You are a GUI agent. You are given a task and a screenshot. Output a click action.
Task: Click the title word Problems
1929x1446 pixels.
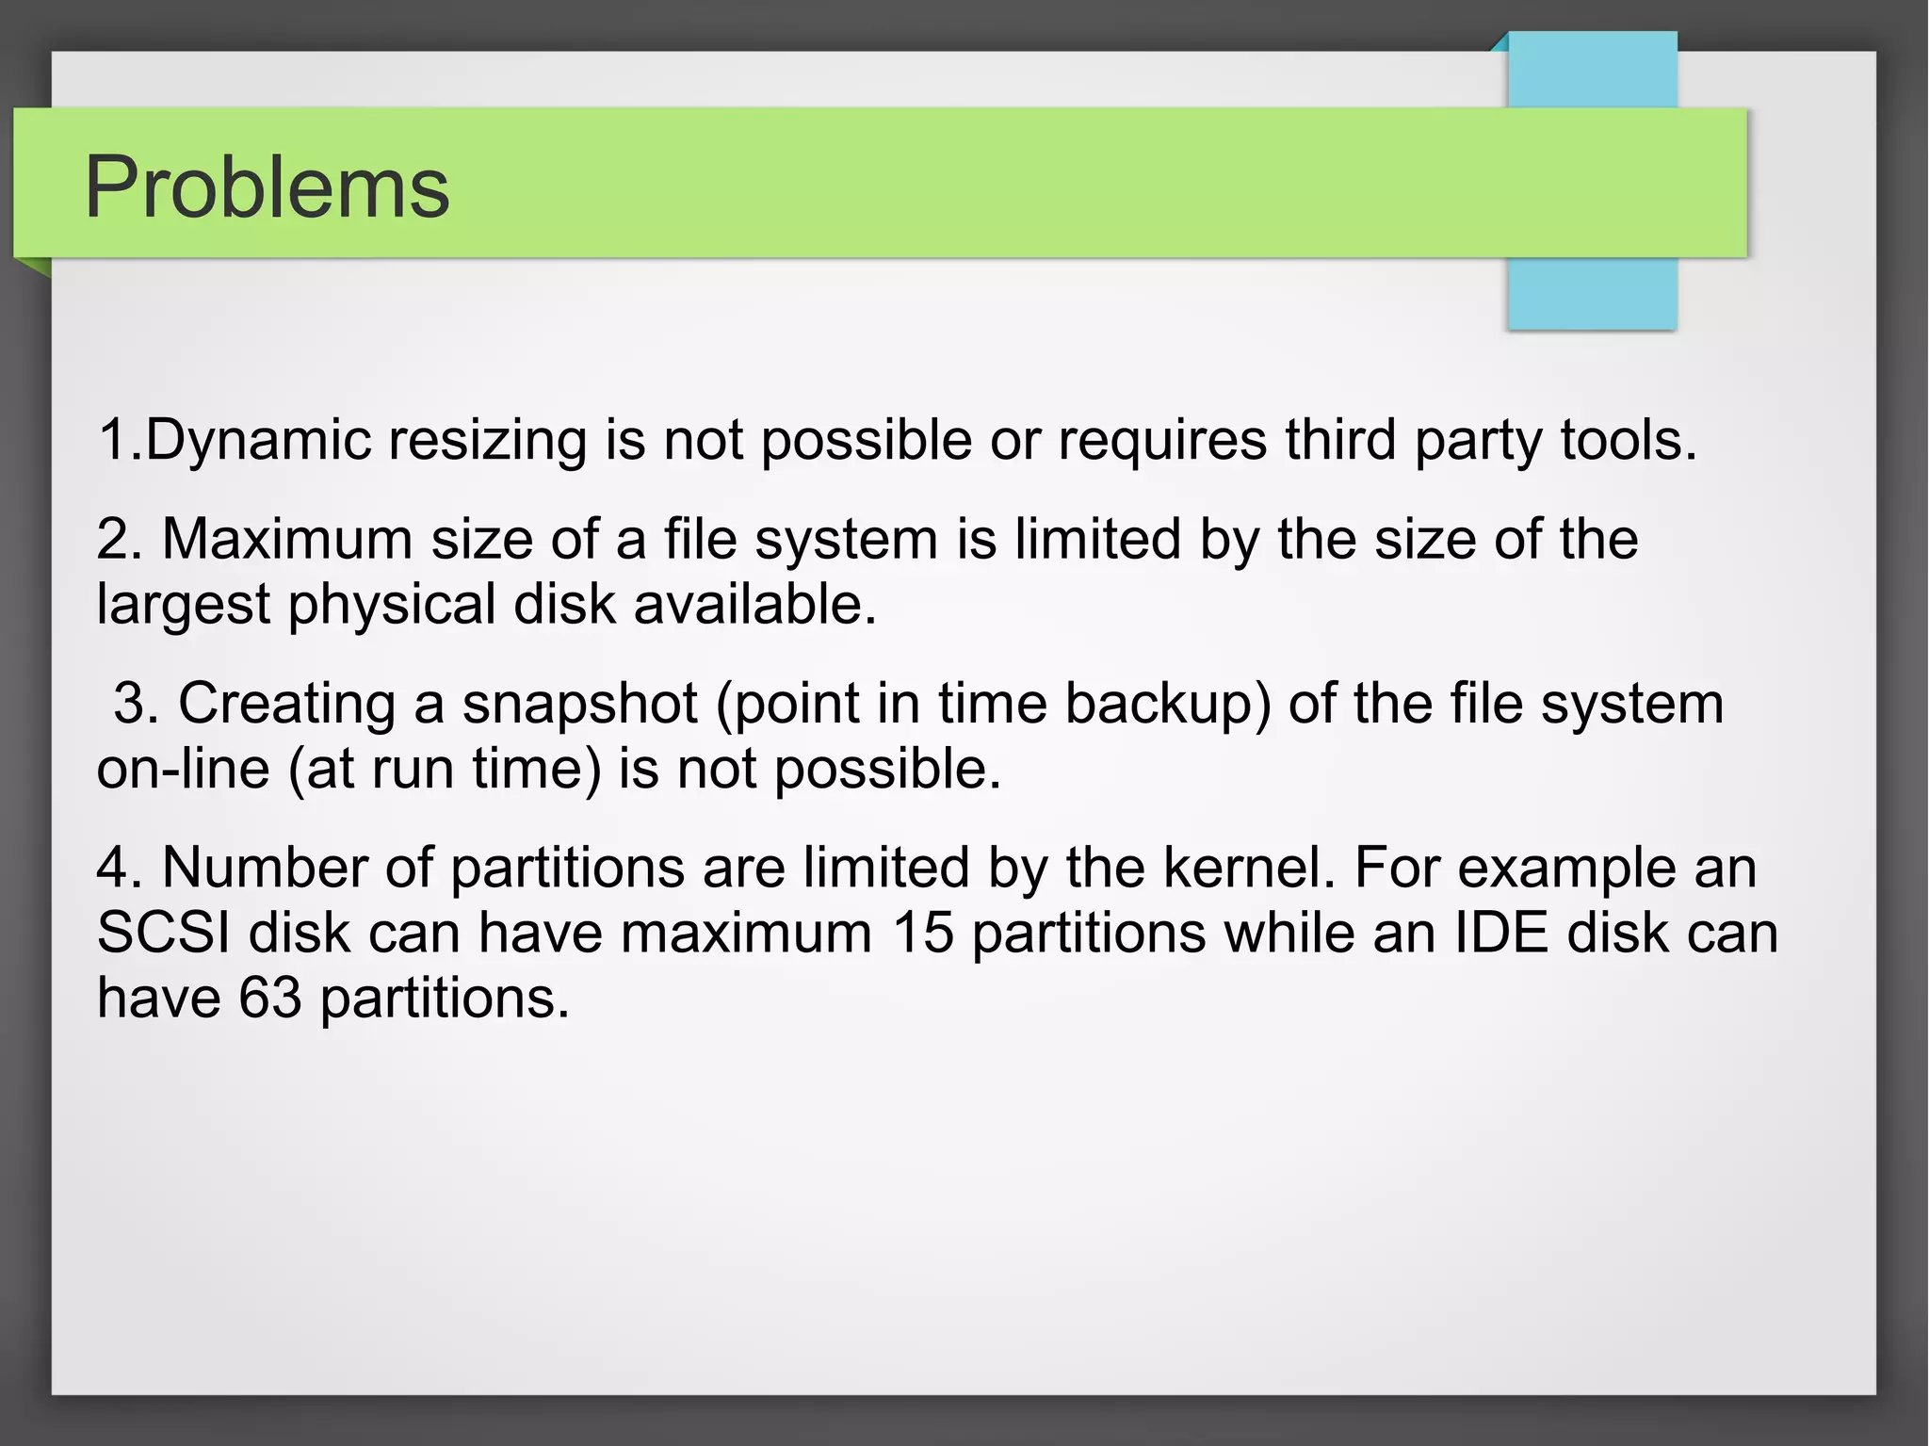[x=267, y=187]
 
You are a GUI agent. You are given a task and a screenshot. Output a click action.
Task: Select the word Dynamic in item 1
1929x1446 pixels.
[x=259, y=440]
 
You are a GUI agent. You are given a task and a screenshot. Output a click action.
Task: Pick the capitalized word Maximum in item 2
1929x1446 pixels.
[x=287, y=540]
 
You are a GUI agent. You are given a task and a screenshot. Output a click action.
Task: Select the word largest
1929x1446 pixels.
[x=184, y=605]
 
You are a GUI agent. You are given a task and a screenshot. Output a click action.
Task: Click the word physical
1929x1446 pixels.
[x=392, y=605]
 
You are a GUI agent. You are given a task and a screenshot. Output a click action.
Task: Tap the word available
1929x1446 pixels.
[x=754, y=605]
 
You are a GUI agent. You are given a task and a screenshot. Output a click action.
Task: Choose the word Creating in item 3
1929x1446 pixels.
[x=286, y=704]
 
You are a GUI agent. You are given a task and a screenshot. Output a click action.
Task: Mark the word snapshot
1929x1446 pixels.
[x=579, y=704]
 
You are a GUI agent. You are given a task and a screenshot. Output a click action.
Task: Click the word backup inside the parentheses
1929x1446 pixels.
[x=1167, y=704]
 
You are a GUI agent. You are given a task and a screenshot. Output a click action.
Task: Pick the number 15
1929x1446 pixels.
[x=923, y=933]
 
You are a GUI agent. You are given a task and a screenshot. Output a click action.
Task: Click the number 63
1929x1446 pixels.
[x=270, y=998]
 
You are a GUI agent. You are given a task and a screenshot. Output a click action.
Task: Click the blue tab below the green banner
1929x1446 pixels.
[x=1592, y=293]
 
